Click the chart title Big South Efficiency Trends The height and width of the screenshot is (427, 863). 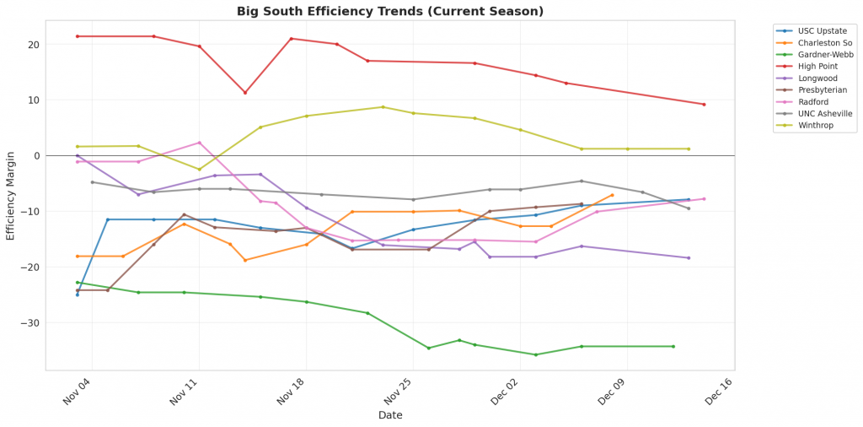click(389, 12)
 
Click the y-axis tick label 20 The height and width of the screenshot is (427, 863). click(35, 45)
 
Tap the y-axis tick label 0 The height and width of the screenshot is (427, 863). click(37, 156)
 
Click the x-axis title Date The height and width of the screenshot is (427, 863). click(389, 415)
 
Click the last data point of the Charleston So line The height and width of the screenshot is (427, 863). click(612, 195)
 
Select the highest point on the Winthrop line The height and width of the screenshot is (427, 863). click(383, 107)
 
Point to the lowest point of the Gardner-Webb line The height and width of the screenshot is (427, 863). click(535, 354)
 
